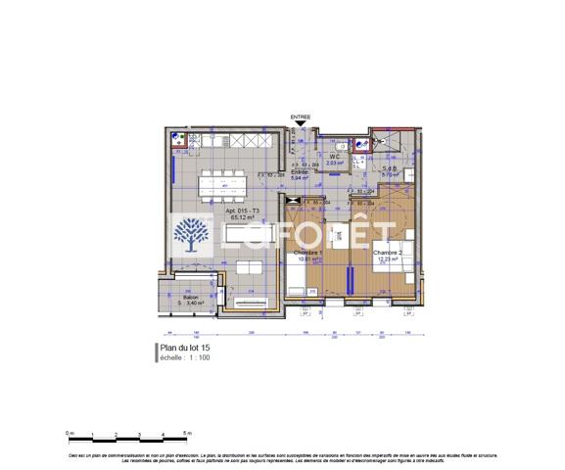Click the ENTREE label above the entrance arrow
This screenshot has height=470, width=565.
(300, 117)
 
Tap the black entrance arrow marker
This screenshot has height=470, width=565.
(300, 124)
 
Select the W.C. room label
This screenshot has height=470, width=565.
(334, 157)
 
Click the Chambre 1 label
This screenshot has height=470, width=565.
(311, 252)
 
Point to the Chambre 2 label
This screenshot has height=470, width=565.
(387, 253)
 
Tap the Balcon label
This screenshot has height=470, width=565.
(176, 298)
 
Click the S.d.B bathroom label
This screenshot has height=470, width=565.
(389, 168)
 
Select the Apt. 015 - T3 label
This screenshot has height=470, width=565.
(241, 211)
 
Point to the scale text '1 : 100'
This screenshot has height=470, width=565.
(197, 357)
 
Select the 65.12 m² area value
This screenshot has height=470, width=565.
(242, 218)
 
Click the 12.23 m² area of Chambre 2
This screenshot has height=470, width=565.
(387, 259)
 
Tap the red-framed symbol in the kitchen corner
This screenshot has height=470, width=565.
(178, 138)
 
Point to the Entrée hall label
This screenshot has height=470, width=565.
(300, 172)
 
